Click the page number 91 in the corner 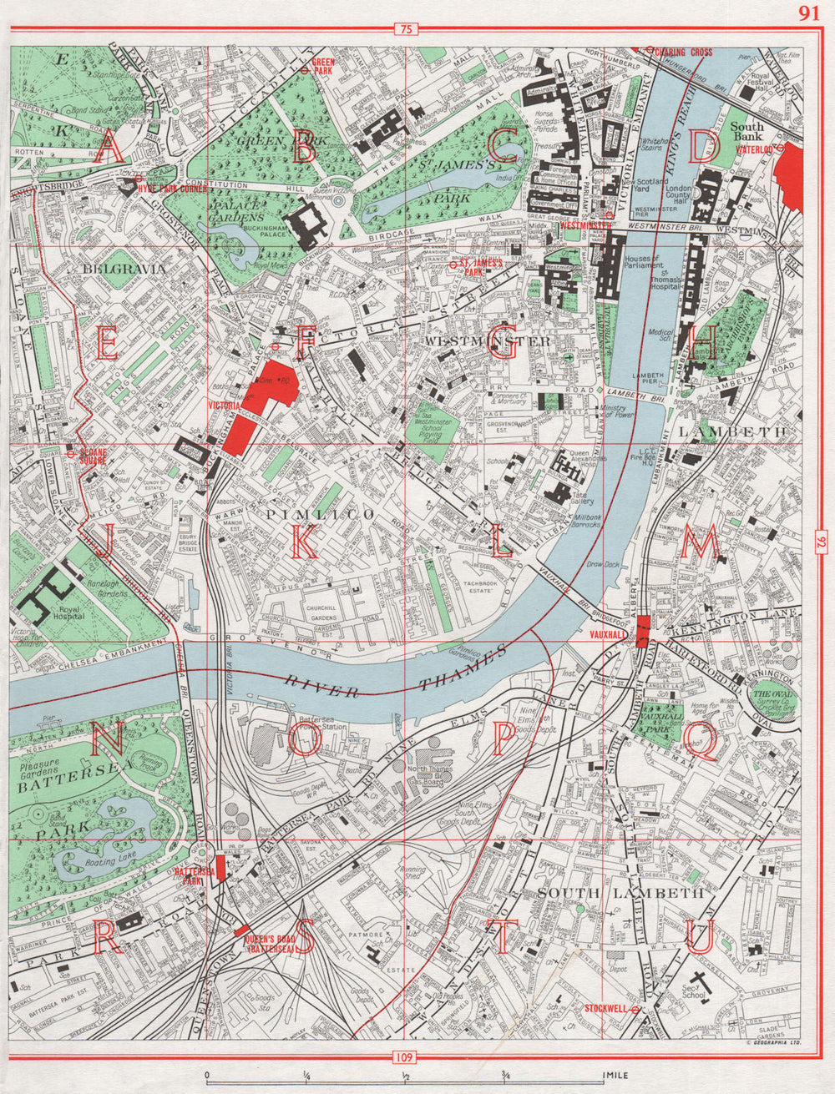pos(808,13)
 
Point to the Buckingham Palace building pos(306,224)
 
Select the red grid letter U pos(700,936)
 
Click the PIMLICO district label pos(312,515)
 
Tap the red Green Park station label pos(322,66)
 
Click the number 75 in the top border pos(406,31)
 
